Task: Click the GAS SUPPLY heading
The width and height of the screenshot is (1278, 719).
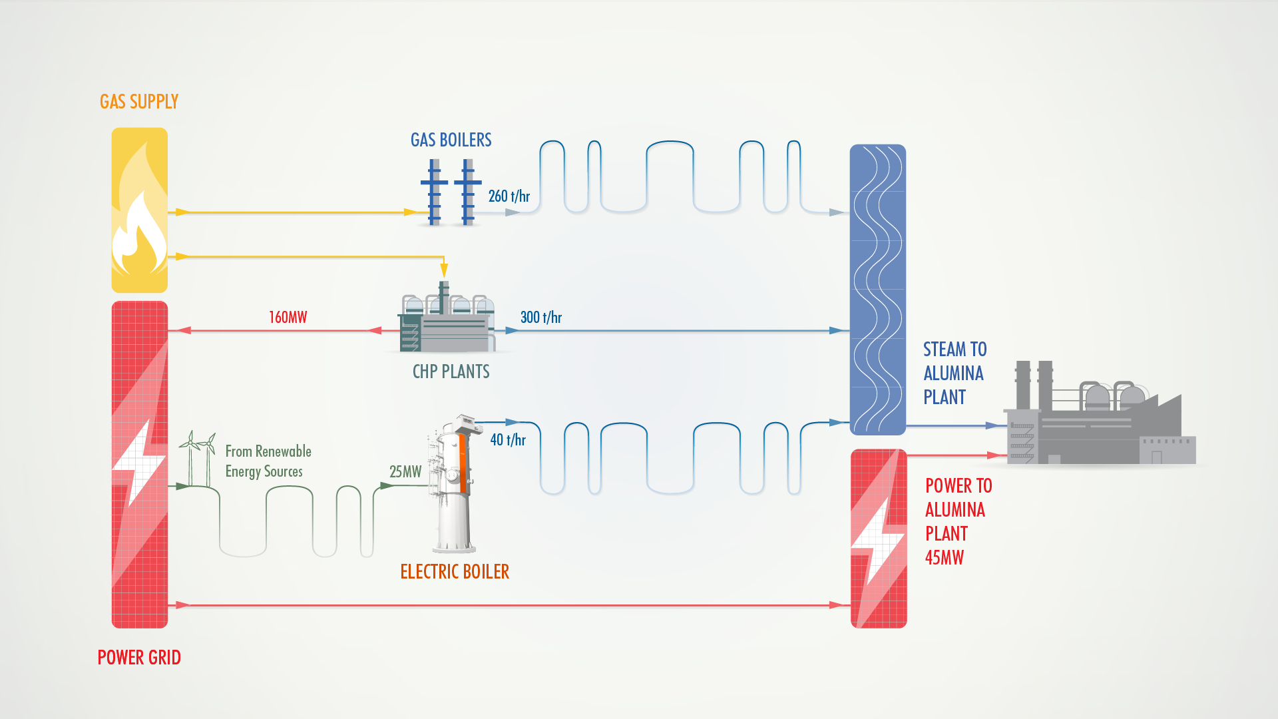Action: tap(139, 102)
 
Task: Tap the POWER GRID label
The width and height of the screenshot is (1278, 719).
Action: tap(139, 658)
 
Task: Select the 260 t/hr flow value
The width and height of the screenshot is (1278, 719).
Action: tap(509, 196)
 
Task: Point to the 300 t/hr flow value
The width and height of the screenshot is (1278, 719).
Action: tap(540, 318)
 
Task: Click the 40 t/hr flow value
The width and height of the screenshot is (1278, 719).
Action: tap(508, 440)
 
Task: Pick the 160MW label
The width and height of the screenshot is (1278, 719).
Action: tap(288, 318)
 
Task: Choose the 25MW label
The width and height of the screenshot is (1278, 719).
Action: tap(405, 472)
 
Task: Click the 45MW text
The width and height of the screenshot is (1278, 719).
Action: tap(944, 558)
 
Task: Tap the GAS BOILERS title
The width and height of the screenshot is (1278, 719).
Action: tap(451, 140)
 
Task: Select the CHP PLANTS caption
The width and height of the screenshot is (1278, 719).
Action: tap(451, 371)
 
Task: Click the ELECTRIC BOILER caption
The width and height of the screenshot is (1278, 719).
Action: tap(455, 572)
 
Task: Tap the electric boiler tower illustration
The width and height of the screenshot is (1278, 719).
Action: tap(455, 486)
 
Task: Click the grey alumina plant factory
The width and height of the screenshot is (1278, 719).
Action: tap(1098, 419)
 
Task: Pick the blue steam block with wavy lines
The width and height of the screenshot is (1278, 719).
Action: tap(877, 290)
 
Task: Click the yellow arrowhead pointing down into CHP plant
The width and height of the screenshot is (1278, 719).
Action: tap(444, 270)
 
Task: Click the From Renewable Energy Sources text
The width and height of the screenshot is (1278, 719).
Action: tap(268, 461)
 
